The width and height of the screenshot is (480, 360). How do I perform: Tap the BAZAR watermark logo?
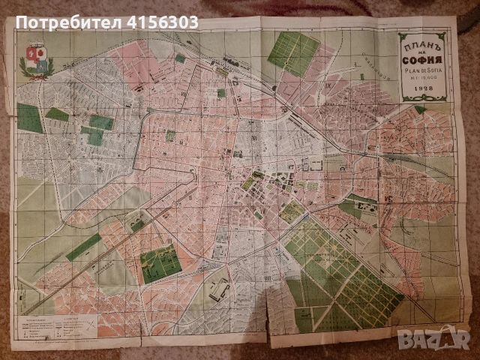point(448,343)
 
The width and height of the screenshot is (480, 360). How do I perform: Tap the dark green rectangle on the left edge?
point(29,118)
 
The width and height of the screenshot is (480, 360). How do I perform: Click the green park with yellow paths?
point(160,262)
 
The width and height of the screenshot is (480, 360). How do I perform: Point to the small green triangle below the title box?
point(424,110)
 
